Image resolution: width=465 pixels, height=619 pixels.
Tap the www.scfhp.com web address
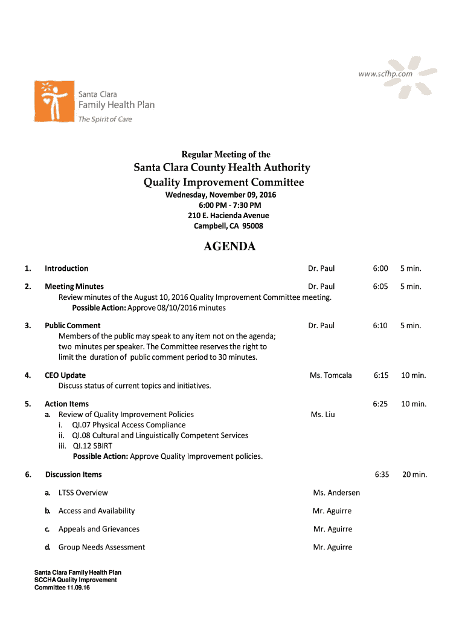click(x=385, y=74)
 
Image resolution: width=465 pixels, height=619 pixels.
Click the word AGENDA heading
click(x=229, y=247)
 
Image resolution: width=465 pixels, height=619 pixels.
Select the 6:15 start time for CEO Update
click(x=380, y=375)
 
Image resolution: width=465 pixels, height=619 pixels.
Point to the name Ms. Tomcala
click(x=330, y=375)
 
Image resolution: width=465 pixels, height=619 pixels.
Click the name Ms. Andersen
click(x=336, y=493)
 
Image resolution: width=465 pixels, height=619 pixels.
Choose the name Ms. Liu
click(x=322, y=415)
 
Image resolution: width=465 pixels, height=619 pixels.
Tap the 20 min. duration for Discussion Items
click(x=414, y=475)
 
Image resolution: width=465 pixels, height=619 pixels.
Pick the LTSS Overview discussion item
click(x=83, y=493)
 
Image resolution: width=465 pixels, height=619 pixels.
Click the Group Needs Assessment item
click(x=101, y=547)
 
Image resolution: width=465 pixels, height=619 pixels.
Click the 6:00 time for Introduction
click(x=380, y=268)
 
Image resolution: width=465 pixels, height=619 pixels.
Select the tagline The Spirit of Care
click(x=105, y=119)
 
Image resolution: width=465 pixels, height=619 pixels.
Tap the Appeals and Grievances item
click(x=99, y=529)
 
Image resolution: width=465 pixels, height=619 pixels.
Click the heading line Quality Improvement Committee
click(x=223, y=183)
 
